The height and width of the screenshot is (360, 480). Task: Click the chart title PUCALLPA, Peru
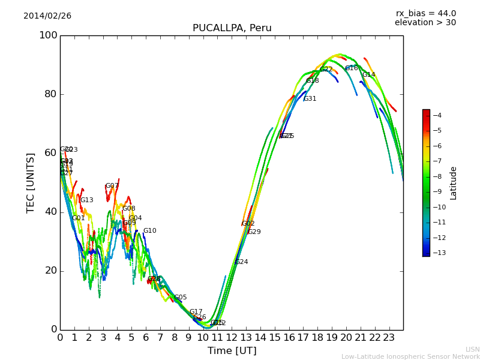(232, 28)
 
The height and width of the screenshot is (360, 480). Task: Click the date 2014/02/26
(47, 16)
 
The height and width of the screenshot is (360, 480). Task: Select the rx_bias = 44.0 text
(425, 13)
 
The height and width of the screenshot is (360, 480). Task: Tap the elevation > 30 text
(425, 23)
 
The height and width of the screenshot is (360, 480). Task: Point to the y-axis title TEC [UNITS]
(31, 182)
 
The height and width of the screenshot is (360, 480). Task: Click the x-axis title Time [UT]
(232, 350)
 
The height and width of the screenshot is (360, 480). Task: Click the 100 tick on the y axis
(48, 35)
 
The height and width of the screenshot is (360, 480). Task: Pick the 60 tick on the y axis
(51, 153)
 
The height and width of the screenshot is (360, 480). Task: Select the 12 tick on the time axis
(232, 338)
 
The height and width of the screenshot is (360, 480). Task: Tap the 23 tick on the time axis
(389, 338)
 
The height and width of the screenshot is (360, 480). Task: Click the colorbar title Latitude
(454, 183)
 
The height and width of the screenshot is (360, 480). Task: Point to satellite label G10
(149, 231)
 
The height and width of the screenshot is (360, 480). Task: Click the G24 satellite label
(241, 262)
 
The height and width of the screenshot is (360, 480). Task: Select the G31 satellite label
(310, 99)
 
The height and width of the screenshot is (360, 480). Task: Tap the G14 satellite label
(368, 75)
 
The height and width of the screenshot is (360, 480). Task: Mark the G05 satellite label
(180, 298)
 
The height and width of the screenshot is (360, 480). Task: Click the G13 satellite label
(86, 200)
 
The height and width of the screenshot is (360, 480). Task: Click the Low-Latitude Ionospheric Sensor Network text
(410, 356)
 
